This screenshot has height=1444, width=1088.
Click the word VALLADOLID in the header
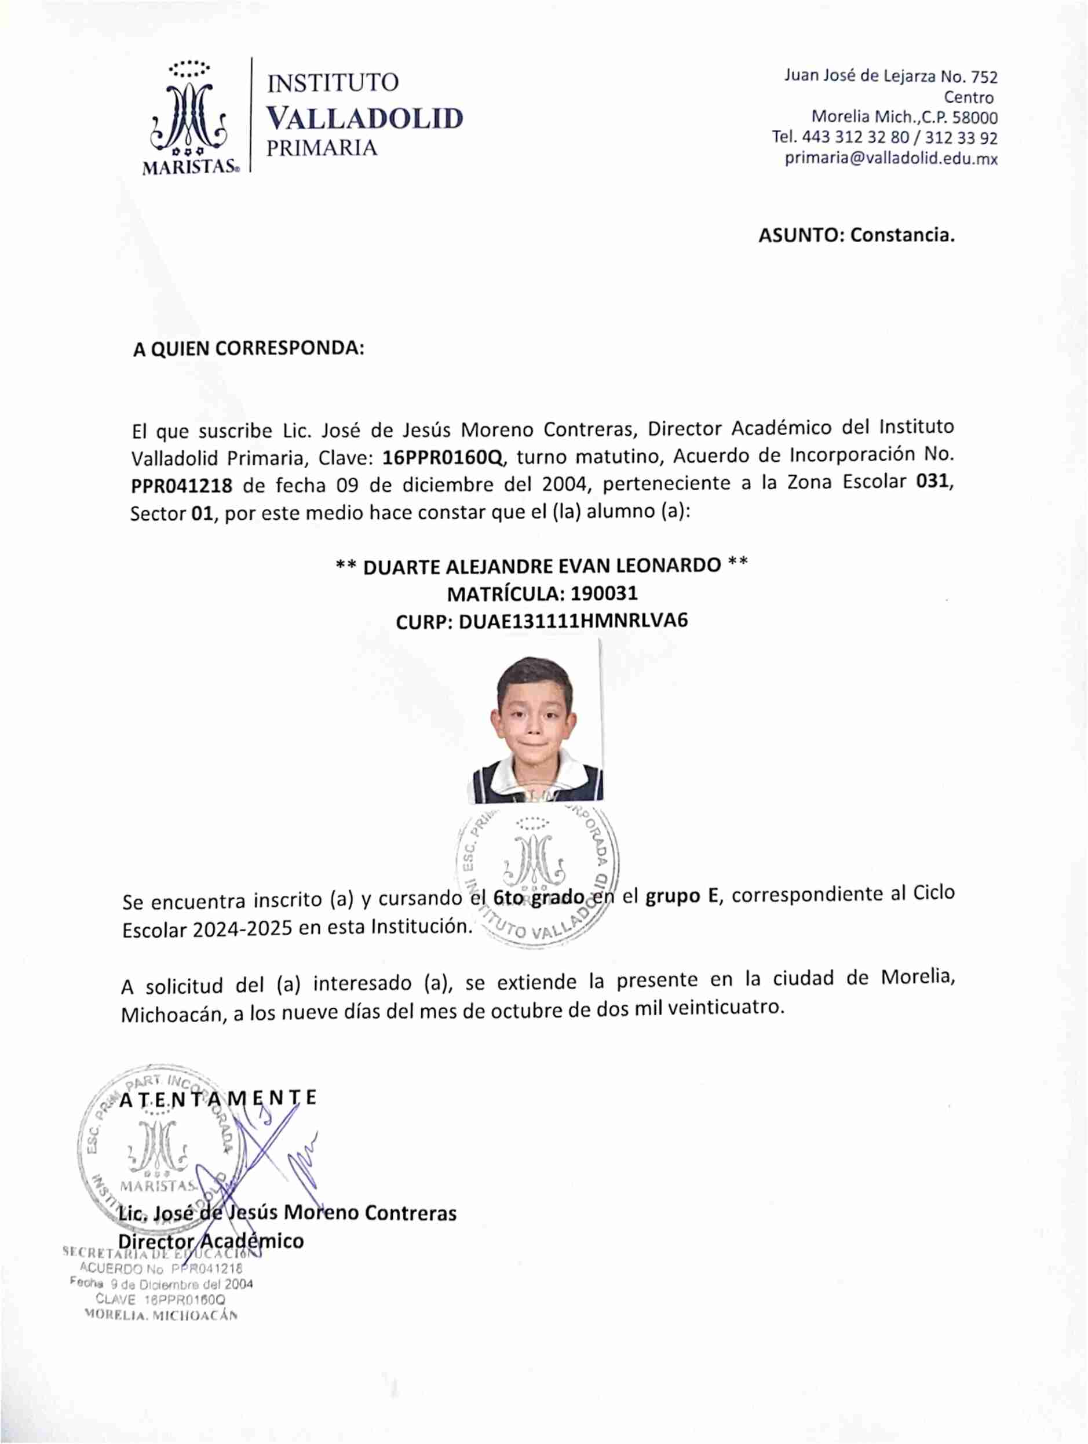365,119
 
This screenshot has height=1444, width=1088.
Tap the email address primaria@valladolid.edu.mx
891,159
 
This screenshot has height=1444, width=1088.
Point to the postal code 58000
974,118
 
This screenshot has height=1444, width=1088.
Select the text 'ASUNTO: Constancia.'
856,235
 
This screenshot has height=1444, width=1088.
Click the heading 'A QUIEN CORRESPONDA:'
248,349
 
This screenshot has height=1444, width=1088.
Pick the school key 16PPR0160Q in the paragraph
443,457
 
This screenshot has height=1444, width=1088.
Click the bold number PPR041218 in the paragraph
181,486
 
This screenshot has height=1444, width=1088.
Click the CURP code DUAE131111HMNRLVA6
573,621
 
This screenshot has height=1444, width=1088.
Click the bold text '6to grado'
538,898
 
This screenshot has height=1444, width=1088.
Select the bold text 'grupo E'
681,896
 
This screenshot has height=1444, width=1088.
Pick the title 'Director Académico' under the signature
211,1241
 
